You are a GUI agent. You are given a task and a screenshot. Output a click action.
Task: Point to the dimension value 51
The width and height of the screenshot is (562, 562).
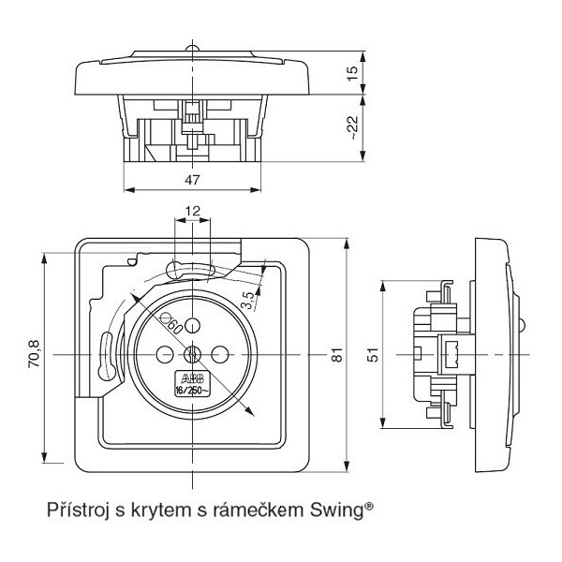coord(373,356)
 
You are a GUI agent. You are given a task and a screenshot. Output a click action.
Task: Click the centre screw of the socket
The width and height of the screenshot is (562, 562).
coord(192,355)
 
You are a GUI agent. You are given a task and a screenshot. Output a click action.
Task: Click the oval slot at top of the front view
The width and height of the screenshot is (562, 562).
coord(192,271)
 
